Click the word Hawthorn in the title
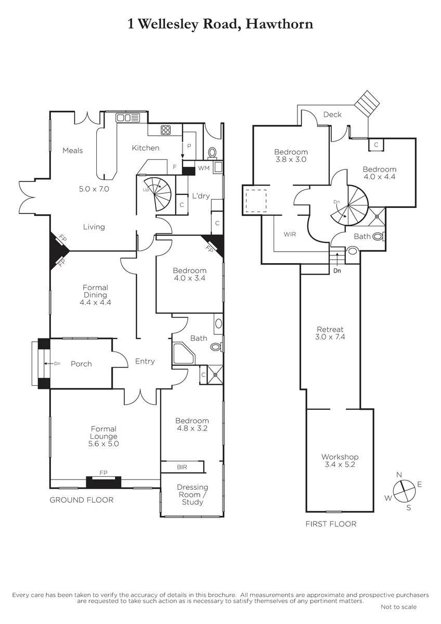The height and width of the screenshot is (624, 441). pyautogui.click(x=279, y=24)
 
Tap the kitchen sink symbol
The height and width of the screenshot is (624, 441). pyautogui.click(x=127, y=118)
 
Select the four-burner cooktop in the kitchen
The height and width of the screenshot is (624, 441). pyautogui.click(x=165, y=130)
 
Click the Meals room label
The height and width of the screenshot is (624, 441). pyautogui.click(x=73, y=151)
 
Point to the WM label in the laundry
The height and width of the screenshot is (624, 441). pyautogui.click(x=204, y=168)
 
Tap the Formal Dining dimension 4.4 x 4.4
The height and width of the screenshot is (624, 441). pyautogui.click(x=95, y=302)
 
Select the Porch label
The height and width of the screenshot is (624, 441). pyautogui.click(x=81, y=364)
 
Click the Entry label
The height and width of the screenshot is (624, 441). pyautogui.click(x=145, y=361)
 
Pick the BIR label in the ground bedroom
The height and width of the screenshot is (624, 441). pyautogui.click(x=182, y=467)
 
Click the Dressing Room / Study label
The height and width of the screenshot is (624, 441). pyautogui.click(x=192, y=495)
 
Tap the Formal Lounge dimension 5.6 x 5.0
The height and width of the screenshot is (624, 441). pyautogui.click(x=103, y=444)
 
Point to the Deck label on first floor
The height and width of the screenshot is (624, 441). pyautogui.click(x=332, y=114)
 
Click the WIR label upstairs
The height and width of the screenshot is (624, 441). pyautogui.click(x=290, y=235)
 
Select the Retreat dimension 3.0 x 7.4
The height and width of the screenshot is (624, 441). pyautogui.click(x=330, y=337)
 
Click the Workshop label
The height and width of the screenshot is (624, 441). pyautogui.click(x=340, y=457)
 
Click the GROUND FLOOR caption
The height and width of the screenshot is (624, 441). pyautogui.click(x=82, y=500)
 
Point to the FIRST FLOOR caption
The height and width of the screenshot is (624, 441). pyautogui.click(x=331, y=524)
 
